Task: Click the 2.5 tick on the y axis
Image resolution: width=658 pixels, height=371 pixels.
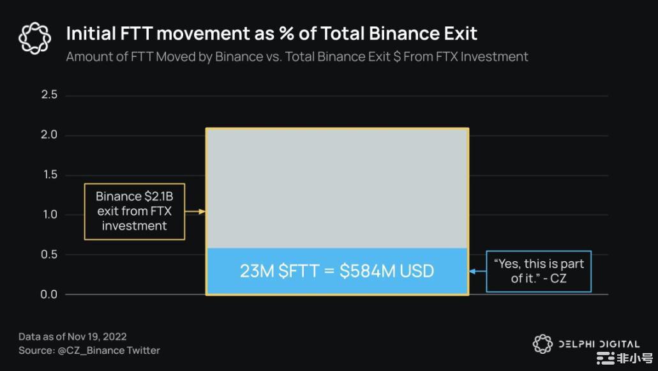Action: pyautogui.click(x=49, y=95)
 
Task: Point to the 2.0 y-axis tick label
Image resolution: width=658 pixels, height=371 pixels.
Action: pyautogui.click(x=49, y=135)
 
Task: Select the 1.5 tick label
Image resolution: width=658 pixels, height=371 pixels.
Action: pyautogui.click(x=50, y=174)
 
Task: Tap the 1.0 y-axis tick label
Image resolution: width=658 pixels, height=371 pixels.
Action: pyautogui.click(x=50, y=215)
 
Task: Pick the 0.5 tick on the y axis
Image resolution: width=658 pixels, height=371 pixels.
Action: pyautogui.click(x=49, y=254)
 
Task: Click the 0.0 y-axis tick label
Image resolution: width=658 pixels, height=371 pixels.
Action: pyautogui.click(x=49, y=294)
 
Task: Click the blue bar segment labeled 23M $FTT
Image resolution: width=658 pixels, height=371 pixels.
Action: pyautogui.click(x=337, y=271)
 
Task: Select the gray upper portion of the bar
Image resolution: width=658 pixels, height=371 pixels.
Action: pyautogui.click(x=337, y=188)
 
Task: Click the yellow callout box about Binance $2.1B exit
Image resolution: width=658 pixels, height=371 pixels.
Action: pyautogui.click(x=134, y=211)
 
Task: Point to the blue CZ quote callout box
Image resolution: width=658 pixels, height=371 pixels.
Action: pyautogui.click(x=539, y=271)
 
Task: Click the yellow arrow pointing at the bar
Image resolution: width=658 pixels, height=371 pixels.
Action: pyautogui.click(x=195, y=211)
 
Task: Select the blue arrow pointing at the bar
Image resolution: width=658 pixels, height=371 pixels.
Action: pyautogui.click(x=477, y=271)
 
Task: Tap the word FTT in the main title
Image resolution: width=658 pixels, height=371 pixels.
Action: pyautogui.click(x=135, y=34)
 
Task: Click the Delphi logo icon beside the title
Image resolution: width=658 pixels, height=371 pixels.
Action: pyautogui.click(x=35, y=38)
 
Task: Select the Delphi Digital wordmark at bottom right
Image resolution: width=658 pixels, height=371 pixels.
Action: pyautogui.click(x=599, y=344)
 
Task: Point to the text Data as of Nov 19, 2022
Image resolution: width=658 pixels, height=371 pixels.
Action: pyautogui.click(x=73, y=337)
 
